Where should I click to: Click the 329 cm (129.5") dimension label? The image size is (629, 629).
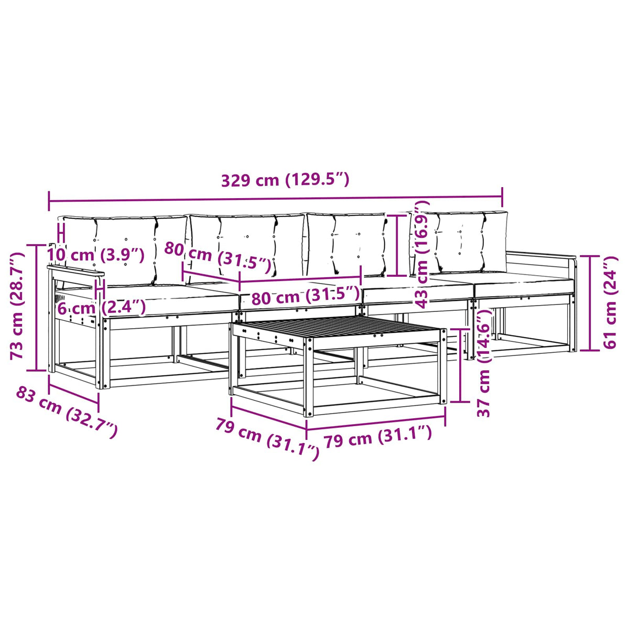coord(285,180)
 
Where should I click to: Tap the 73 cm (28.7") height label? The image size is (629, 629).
coord(17,306)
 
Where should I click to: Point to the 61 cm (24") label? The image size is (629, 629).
coord(609,302)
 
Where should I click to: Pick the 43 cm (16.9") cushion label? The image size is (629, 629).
coord(422,254)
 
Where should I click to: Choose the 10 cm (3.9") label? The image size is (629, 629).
coord(95,255)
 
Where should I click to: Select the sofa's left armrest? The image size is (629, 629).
coord(75,272)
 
